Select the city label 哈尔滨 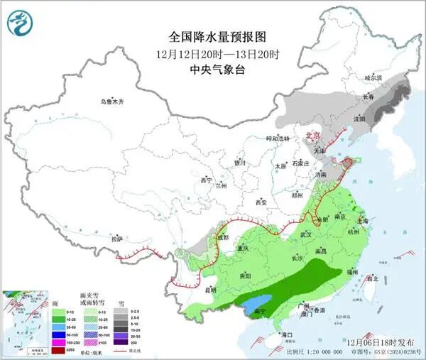[x=373, y=77]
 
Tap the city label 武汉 [x=306, y=234]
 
